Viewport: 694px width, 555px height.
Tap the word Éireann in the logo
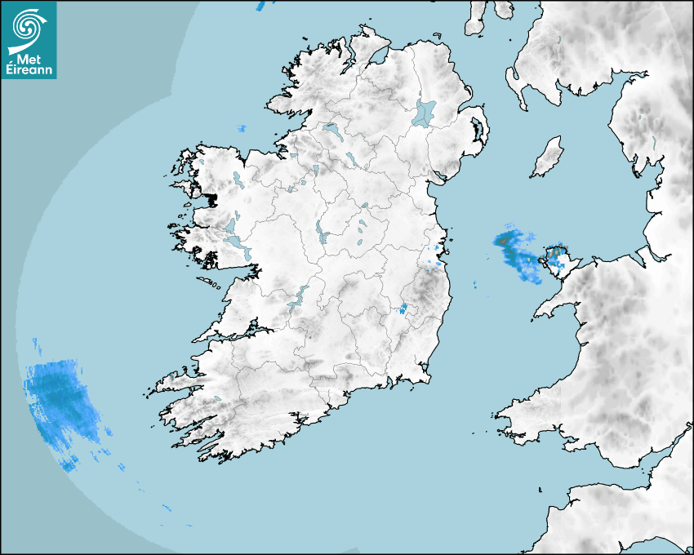pos(29,70)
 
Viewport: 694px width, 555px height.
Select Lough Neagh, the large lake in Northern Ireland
pos(425,112)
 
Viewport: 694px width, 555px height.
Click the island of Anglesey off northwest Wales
pos(558,260)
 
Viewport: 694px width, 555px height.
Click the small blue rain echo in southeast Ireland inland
pos(403,309)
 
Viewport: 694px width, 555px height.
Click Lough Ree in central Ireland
pos(322,235)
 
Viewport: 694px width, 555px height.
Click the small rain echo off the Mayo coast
pos(242,129)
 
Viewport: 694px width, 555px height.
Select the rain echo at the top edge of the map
pos(260,5)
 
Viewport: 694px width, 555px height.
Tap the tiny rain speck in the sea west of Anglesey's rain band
pos(475,286)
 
